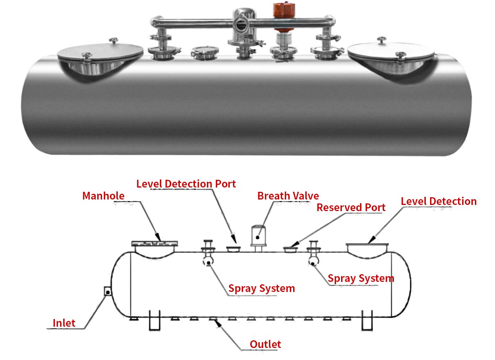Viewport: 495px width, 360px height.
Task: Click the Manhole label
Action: click(x=103, y=196)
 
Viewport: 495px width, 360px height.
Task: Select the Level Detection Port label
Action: click(x=186, y=184)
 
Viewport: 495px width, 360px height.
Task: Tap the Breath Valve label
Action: click(x=288, y=196)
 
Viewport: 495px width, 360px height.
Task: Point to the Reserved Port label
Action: click(x=351, y=208)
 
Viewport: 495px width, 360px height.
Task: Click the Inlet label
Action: click(x=64, y=322)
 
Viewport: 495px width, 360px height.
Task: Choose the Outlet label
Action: click(x=265, y=344)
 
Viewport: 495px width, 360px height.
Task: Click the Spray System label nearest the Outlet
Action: click(x=261, y=288)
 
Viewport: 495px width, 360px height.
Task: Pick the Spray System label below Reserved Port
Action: click(x=361, y=278)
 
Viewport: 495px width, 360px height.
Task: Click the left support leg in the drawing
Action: click(x=155, y=320)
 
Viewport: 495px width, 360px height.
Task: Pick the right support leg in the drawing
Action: click(x=367, y=320)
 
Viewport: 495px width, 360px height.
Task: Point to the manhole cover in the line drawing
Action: click(x=155, y=244)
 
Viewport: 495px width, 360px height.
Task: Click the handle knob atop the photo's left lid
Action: click(x=113, y=41)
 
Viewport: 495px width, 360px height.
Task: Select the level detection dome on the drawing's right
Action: click(x=367, y=249)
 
